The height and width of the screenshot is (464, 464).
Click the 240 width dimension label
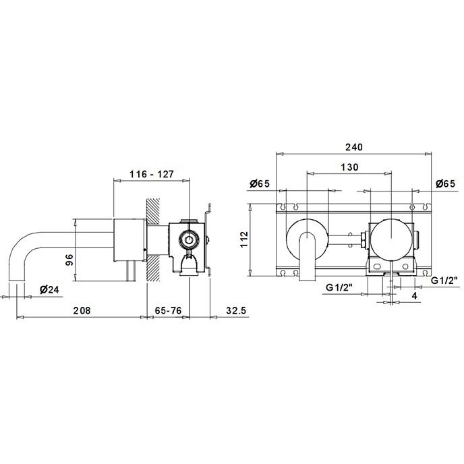tap(354, 147)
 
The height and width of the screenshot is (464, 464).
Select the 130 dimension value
tap(349, 167)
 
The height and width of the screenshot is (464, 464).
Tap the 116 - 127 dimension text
tap(152, 174)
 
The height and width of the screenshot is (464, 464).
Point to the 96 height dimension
tap(69, 260)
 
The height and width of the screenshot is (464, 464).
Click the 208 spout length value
tap(82, 310)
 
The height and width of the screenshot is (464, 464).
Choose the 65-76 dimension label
tap(168, 310)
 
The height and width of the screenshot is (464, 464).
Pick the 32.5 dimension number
tap(236, 310)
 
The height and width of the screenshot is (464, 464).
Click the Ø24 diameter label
tap(49, 289)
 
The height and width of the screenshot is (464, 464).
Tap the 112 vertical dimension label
tap(244, 239)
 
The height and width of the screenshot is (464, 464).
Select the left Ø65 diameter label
tap(260, 183)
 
